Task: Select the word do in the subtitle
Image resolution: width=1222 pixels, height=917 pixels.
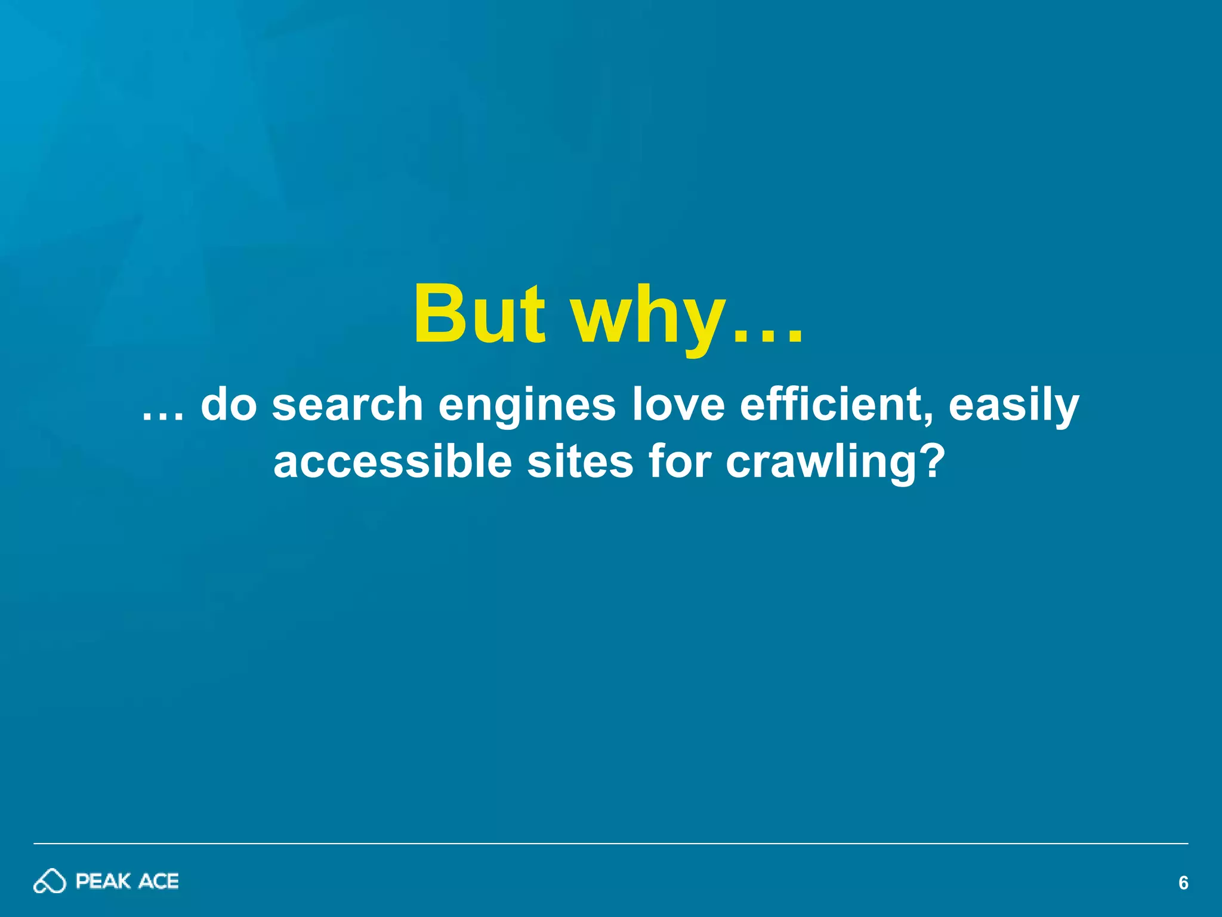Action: pos(229,404)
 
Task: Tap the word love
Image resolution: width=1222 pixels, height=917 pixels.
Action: pos(678,404)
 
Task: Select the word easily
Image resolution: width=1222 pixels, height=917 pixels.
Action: pos(1014,406)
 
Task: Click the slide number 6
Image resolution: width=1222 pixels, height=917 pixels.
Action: pos(1183,883)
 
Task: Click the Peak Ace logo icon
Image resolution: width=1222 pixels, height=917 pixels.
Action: pos(50,881)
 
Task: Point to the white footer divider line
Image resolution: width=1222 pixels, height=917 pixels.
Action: pos(611,844)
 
